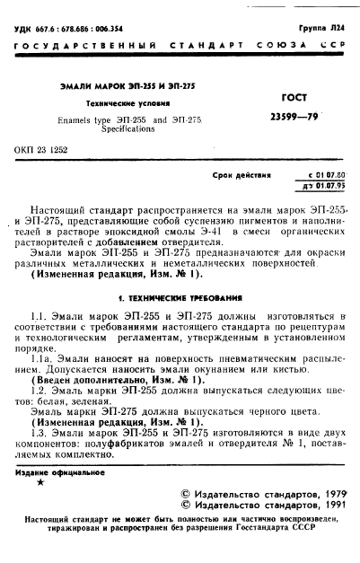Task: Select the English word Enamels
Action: [77, 119]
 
